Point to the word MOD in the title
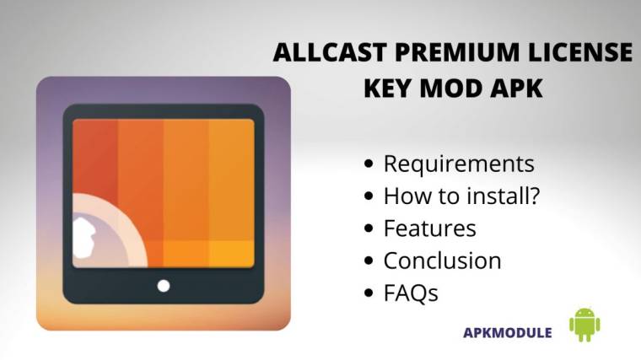[x=455, y=89]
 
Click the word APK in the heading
[x=515, y=89]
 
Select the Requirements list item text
[x=458, y=164]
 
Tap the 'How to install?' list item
[x=461, y=196]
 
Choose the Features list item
[x=429, y=228]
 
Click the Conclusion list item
[x=442, y=261]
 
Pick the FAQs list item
[x=411, y=293]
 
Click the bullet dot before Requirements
[x=369, y=164]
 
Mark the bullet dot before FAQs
[x=369, y=294]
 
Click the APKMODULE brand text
[x=508, y=332]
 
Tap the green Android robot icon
[x=584, y=325]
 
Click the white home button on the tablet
[x=164, y=286]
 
